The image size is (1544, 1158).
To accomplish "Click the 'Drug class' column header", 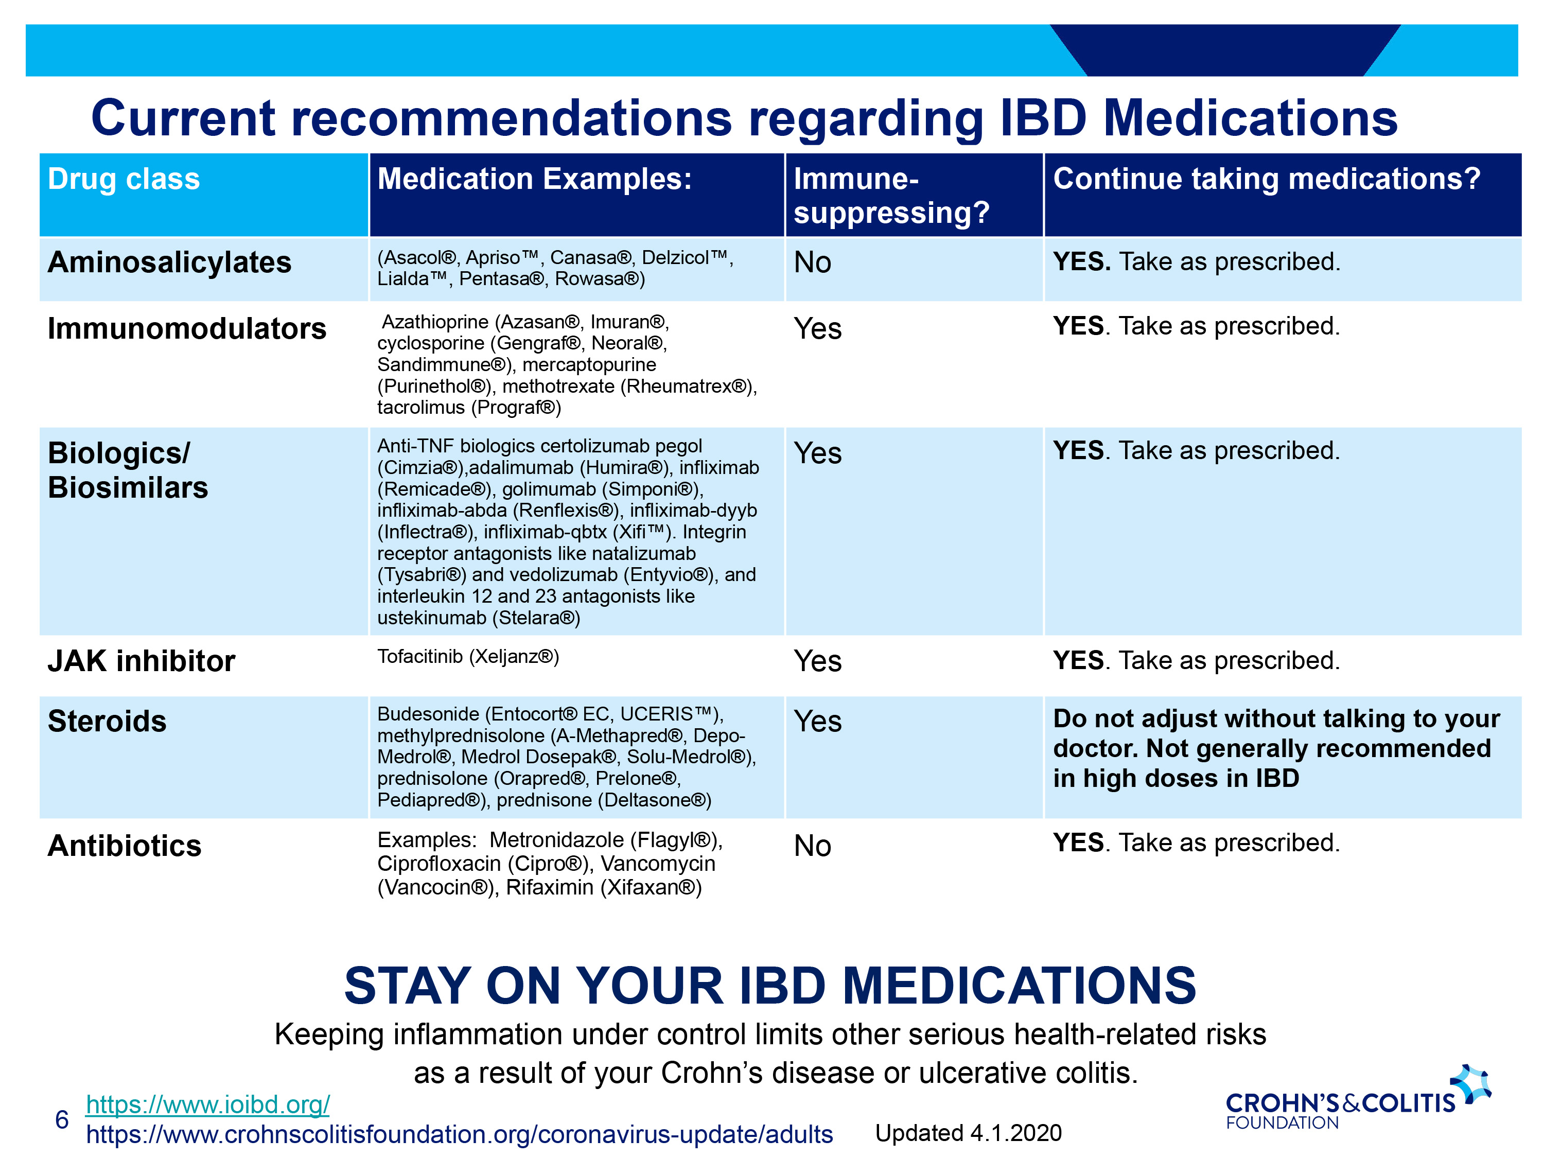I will [124, 180].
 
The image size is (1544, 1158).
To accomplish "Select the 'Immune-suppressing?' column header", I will [891, 196].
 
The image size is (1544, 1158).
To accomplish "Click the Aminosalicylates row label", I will [170, 262].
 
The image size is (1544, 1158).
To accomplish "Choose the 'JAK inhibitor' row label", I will [142, 660].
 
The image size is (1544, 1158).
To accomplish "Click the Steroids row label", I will [107, 721].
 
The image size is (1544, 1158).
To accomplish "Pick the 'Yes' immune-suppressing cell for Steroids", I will [817, 721].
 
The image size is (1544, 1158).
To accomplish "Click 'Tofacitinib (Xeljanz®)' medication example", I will [468, 657].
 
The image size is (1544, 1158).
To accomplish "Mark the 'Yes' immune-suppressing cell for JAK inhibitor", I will [817, 661].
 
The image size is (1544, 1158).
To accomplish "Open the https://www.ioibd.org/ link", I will [207, 1104].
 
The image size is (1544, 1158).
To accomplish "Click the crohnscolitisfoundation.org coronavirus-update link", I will [459, 1134].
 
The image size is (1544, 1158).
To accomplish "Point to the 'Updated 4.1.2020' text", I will [968, 1133].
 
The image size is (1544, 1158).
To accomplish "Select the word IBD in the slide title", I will [1043, 118].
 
